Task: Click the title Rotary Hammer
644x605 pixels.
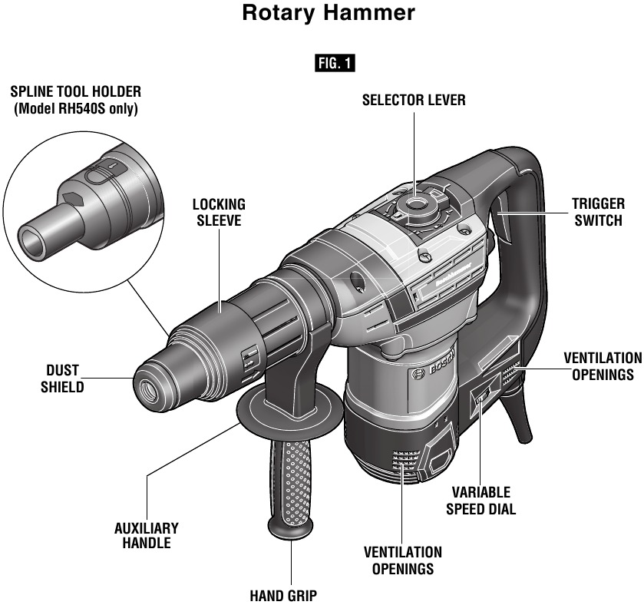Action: point(329,14)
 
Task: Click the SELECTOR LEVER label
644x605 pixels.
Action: point(414,101)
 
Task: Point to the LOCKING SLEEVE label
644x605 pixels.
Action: point(219,213)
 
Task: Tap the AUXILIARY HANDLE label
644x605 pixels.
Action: point(146,535)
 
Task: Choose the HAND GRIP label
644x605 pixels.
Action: point(283,594)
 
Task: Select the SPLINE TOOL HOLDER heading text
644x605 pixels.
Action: point(75,94)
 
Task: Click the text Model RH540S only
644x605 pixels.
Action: point(75,109)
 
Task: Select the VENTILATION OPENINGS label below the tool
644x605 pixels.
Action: point(402,560)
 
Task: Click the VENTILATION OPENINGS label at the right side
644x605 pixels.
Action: point(602,366)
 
